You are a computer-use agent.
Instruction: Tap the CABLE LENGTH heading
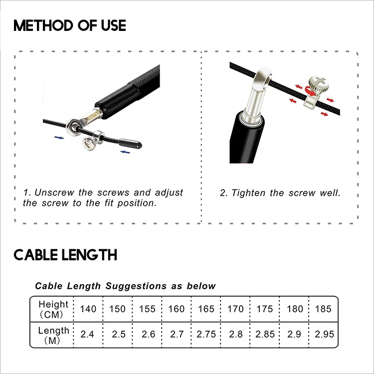click(x=65, y=255)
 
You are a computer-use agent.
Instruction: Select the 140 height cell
click(x=88, y=309)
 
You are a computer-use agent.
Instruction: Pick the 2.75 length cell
click(x=206, y=334)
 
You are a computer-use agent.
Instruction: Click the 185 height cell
click(x=323, y=309)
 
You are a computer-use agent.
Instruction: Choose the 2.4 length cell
click(x=88, y=334)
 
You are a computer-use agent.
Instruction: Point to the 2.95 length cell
click(x=323, y=334)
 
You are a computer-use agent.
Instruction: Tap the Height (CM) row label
click(x=53, y=309)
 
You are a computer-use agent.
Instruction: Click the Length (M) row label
click(x=53, y=335)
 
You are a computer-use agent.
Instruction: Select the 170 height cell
click(x=235, y=309)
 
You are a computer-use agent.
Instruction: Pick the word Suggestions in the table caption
click(x=136, y=286)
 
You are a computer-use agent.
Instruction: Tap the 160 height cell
click(x=177, y=309)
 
